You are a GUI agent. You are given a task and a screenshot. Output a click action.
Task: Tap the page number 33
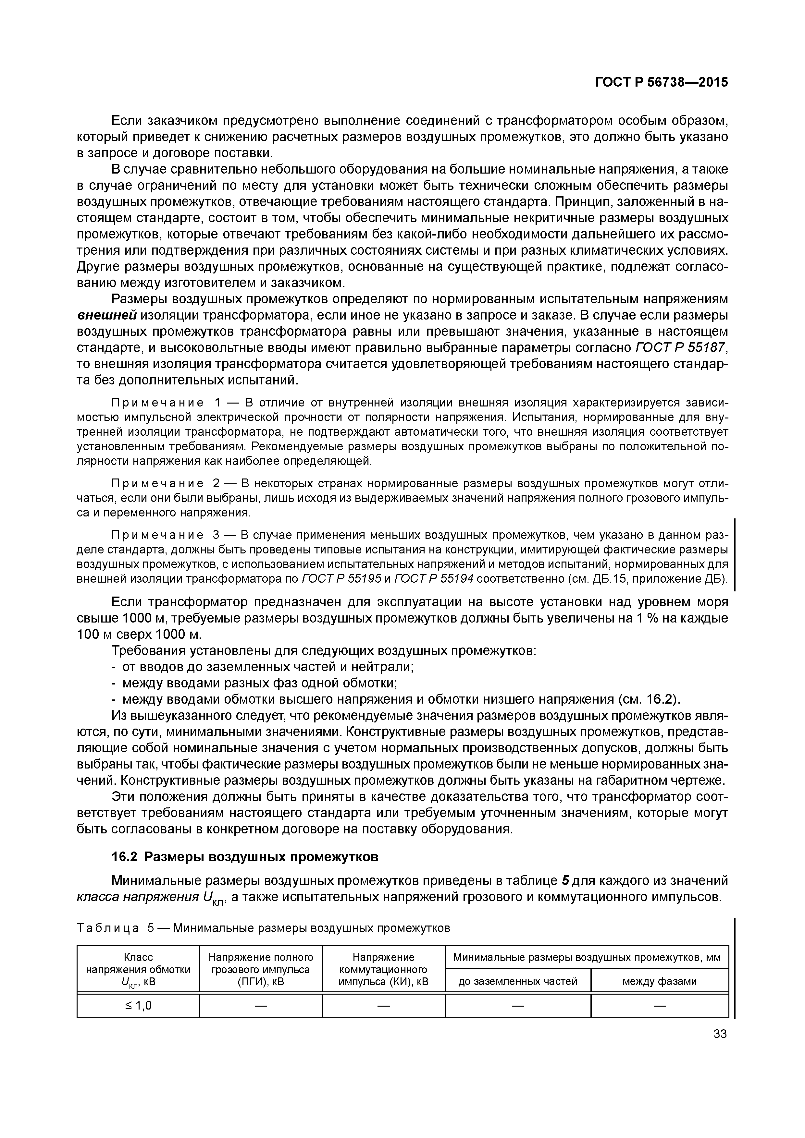coord(720,1034)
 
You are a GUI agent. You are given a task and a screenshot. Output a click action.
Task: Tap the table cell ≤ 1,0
coord(138,1006)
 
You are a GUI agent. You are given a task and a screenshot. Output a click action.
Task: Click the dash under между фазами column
coord(659,1006)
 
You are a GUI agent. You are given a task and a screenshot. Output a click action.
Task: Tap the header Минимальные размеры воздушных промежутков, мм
coord(586,958)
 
